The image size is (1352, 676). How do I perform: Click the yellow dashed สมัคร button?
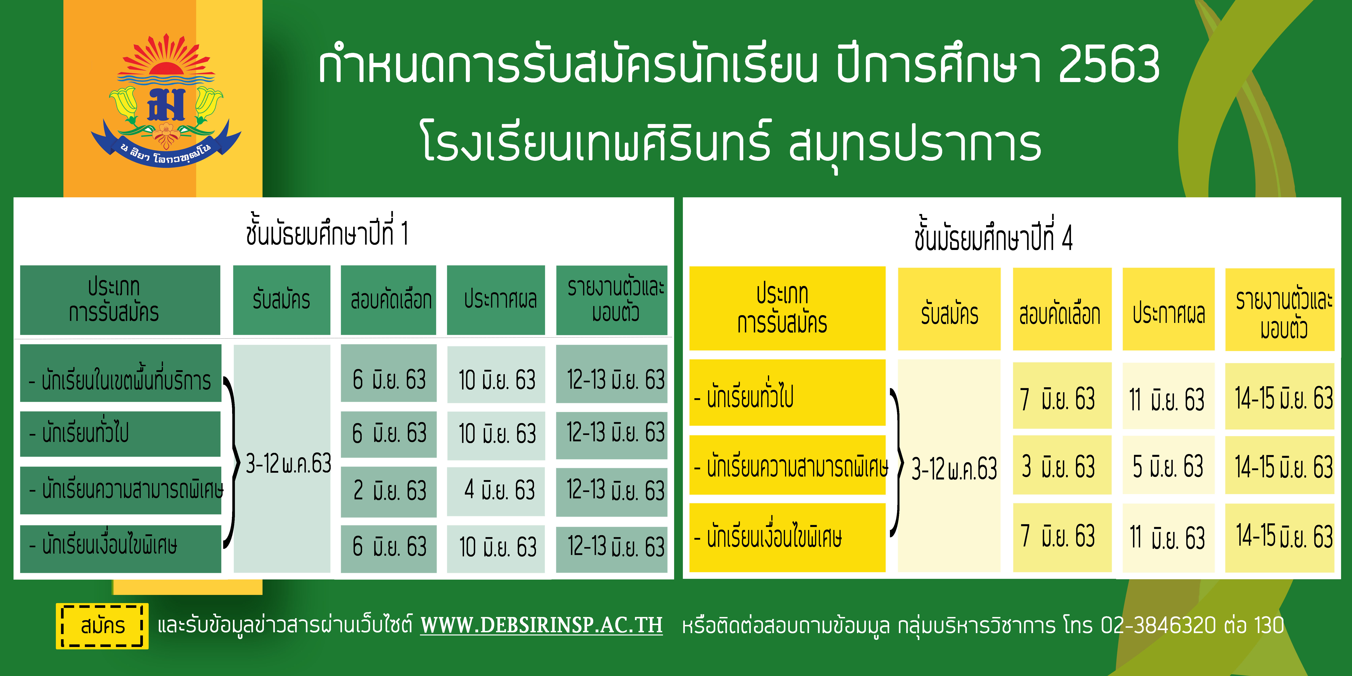pyautogui.click(x=102, y=626)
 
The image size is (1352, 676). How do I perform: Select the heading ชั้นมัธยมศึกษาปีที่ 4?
pyautogui.click(x=993, y=236)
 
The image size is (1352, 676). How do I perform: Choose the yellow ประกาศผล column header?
pyautogui.click(x=1168, y=310)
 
